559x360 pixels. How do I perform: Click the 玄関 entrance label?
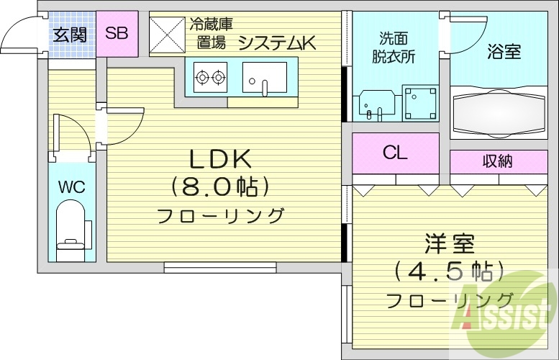(x=70, y=33)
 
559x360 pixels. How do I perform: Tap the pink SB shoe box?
(x=117, y=33)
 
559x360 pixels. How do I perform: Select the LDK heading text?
(x=219, y=158)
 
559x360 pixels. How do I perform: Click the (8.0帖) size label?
(x=220, y=187)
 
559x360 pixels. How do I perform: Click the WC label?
(x=72, y=188)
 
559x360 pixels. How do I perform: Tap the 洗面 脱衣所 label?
(x=394, y=48)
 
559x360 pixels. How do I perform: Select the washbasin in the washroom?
(x=375, y=105)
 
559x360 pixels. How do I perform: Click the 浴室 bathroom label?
(x=504, y=52)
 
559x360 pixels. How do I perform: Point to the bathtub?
(x=498, y=112)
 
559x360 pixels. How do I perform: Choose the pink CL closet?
(x=395, y=153)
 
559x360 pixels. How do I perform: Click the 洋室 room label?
(x=449, y=243)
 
